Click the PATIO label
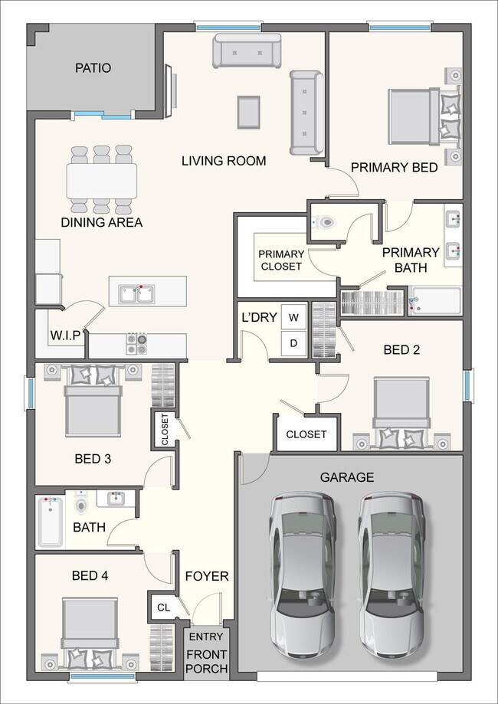pyautogui.click(x=93, y=67)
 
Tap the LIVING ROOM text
pyautogui.click(x=224, y=161)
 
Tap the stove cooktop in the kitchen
pyautogui.click(x=137, y=343)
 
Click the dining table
pyautogui.click(x=102, y=180)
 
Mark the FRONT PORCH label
pyautogui.click(x=207, y=661)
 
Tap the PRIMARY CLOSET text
pyautogui.click(x=281, y=260)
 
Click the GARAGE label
pyautogui.click(x=347, y=477)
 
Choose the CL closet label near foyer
pyautogui.click(x=162, y=607)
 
